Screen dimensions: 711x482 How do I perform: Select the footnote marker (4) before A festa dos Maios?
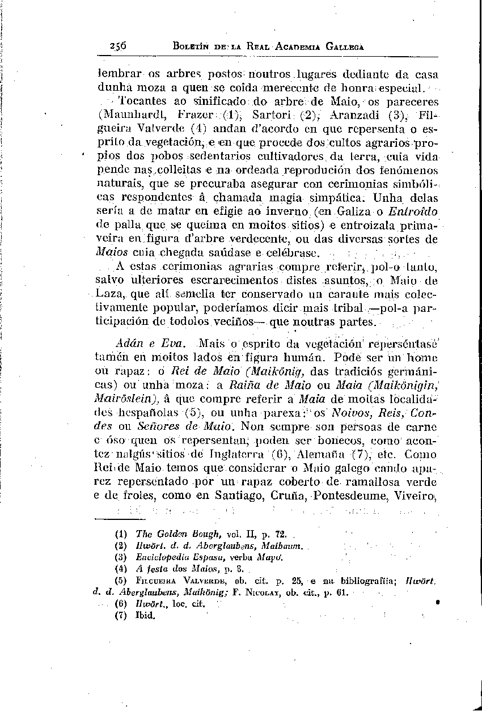click(120, 568)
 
